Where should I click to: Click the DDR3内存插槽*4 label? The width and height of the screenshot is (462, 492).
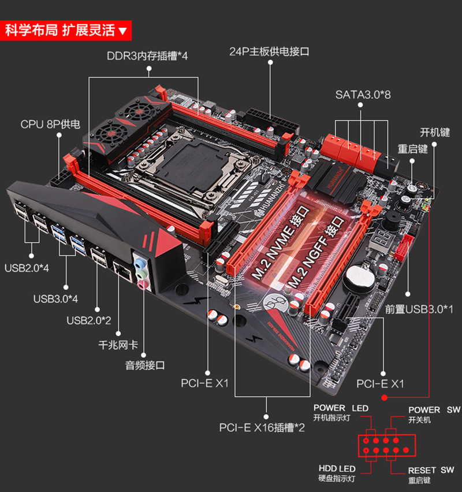click(x=147, y=56)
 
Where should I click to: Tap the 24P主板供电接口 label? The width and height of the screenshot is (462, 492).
click(x=269, y=51)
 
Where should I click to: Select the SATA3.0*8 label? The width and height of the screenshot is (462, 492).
click(x=363, y=94)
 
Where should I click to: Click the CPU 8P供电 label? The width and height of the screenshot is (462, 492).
click(x=50, y=124)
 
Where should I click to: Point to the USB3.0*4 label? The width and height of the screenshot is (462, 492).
click(x=55, y=298)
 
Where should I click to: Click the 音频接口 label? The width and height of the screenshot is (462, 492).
click(x=145, y=365)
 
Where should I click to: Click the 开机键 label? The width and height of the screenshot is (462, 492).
click(x=434, y=132)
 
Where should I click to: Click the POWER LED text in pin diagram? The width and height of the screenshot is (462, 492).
click(x=341, y=408)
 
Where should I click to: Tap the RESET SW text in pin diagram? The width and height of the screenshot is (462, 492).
click(x=431, y=470)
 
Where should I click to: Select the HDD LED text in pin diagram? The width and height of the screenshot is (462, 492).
click(x=337, y=468)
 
